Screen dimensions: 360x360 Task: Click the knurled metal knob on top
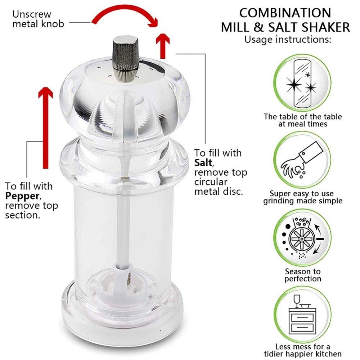tap(126, 59)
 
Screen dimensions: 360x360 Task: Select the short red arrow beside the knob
tap(163, 46)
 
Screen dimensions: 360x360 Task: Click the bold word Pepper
tap(22, 196)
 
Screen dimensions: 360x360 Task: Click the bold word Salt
tap(203, 163)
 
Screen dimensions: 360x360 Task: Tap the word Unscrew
tap(32, 14)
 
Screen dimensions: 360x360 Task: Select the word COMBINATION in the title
tap(285, 13)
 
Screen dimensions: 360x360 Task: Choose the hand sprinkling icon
tap(302, 160)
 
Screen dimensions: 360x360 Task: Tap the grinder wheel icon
tap(302, 238)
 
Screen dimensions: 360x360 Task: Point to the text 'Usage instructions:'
tap(288, 40)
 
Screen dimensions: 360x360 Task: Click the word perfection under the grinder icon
tap(303, 279)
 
